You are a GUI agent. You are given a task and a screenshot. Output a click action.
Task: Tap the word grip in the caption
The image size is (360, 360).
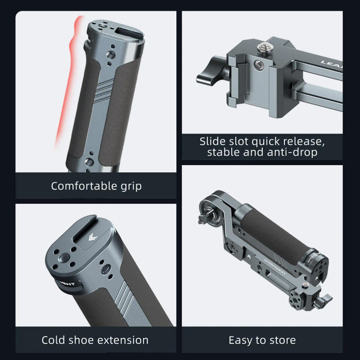pyautogui.click(x=128, y=186)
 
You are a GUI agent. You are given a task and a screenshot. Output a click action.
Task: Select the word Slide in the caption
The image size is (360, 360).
pyautogui.click(x=212, y=141)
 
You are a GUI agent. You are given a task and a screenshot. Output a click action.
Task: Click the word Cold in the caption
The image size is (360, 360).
pyautogui.click(x=55, y=340)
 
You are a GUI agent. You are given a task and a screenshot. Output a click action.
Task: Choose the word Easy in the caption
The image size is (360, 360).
pyautogui.click(x=241, y=340)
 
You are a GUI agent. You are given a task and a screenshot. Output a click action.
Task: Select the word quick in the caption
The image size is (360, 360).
pyautogui.click(x=269, y=141)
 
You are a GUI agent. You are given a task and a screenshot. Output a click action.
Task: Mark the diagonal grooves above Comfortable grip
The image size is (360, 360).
pyautogui.click(x=106, y=86)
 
